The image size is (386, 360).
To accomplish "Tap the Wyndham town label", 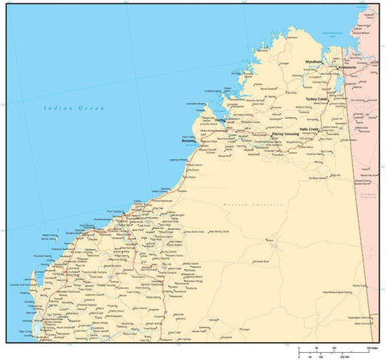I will coord(313,62).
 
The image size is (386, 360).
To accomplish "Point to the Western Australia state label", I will coord(265,205).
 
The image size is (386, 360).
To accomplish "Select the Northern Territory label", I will coord(368,195).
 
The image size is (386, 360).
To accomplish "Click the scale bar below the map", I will coord(339,350).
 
